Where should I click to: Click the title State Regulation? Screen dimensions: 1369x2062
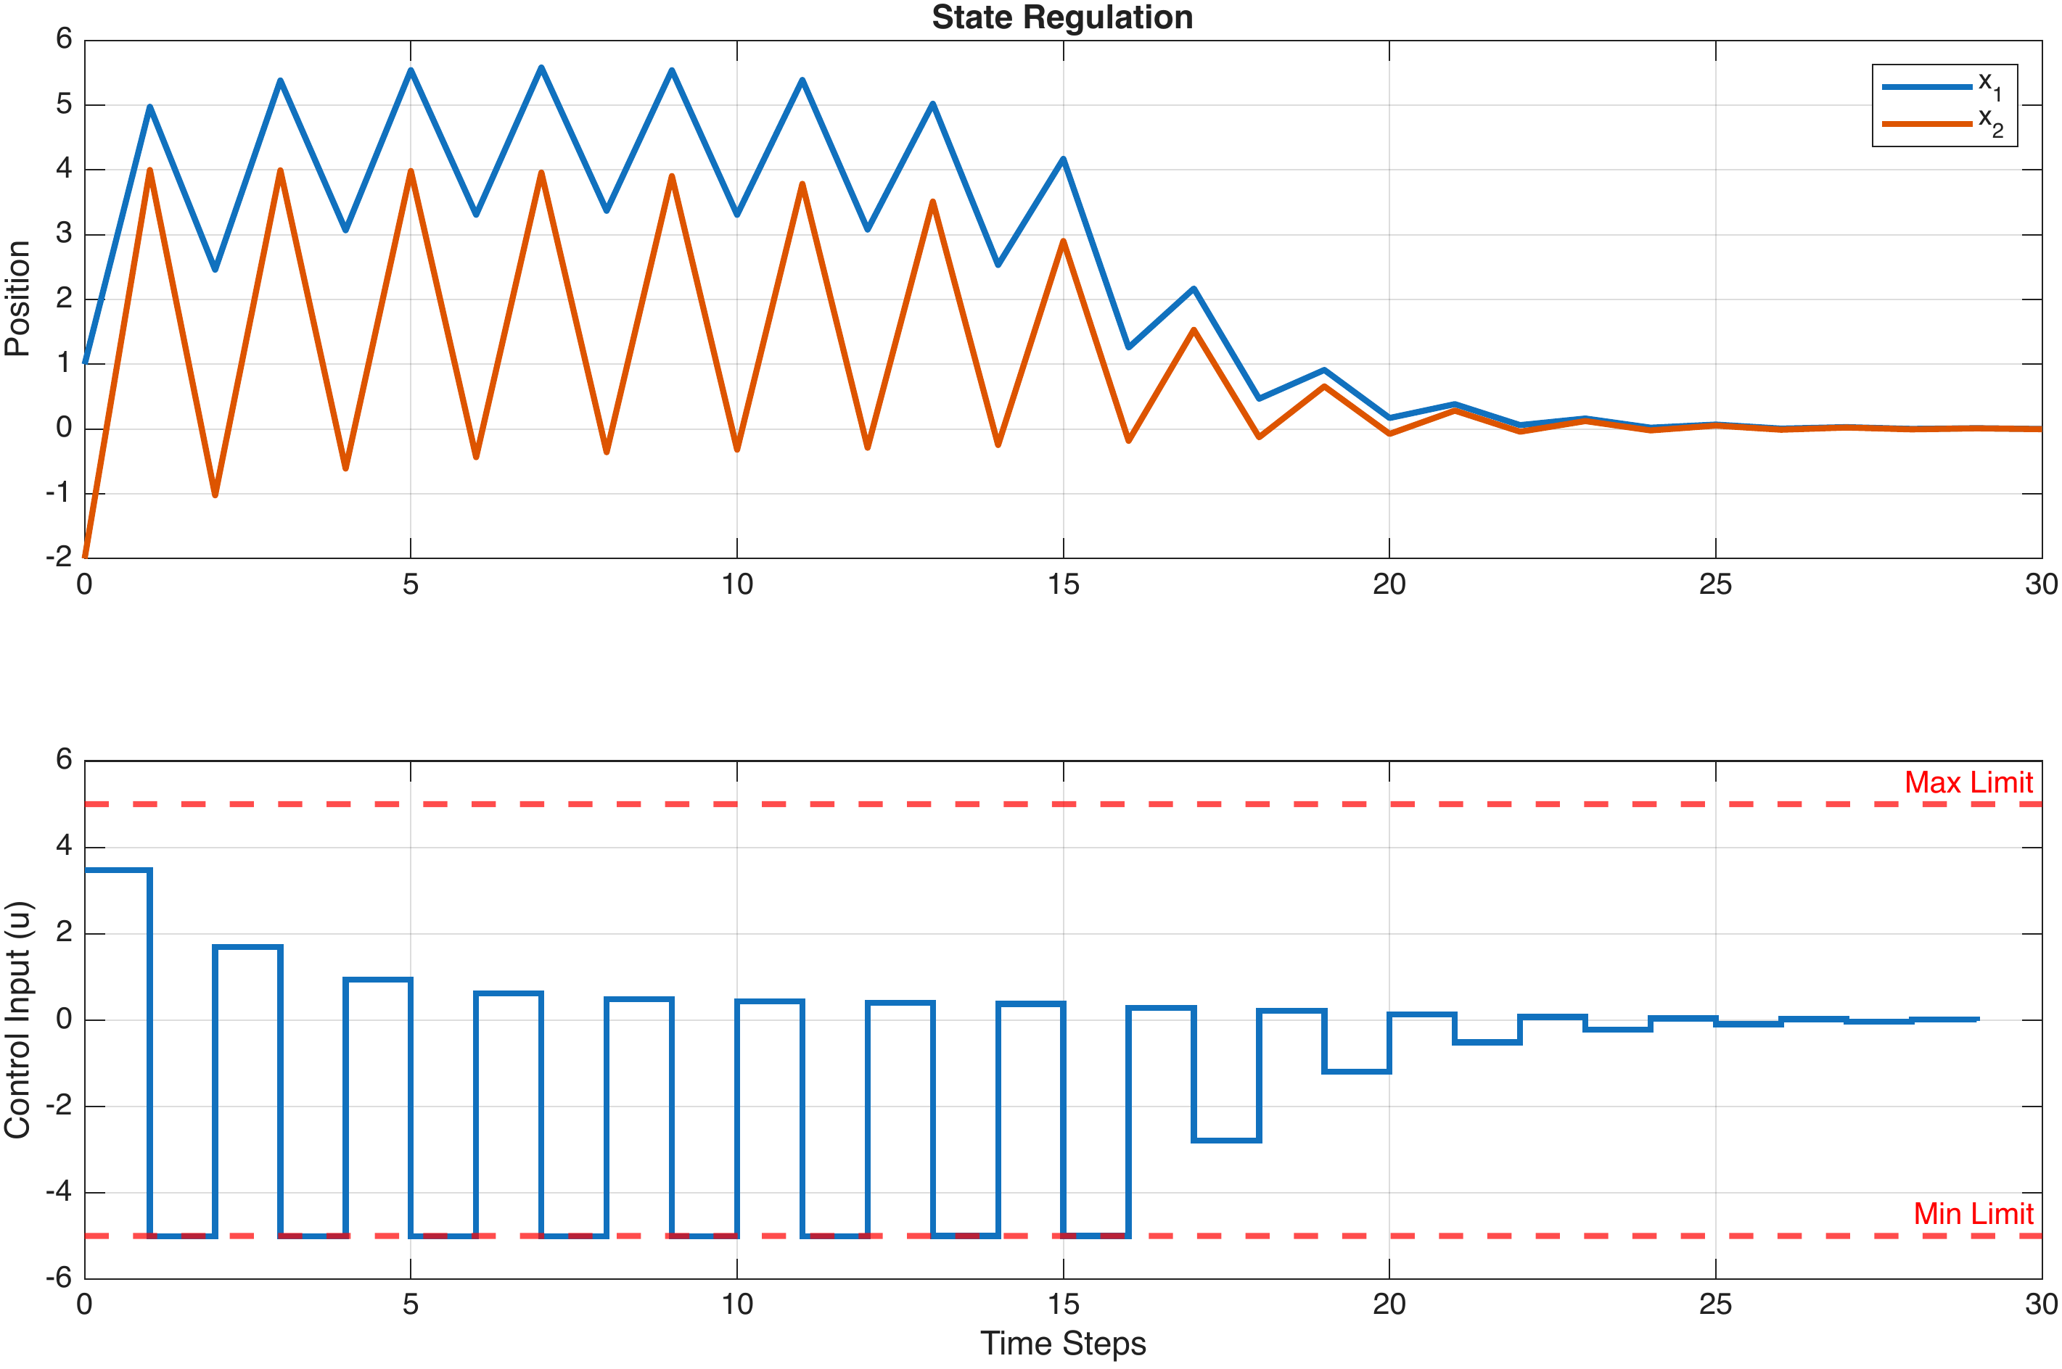coord(1061,17)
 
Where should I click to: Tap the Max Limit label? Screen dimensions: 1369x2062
coord(1968,782)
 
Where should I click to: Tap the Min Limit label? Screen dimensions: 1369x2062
coord(1972,1214)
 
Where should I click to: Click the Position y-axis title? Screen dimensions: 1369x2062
coord(17,299)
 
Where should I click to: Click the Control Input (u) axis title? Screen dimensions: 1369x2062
coord(17,1019)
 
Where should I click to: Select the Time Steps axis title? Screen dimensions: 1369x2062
coord(1062,1343)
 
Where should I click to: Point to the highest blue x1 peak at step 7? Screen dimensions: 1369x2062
coord(541,68)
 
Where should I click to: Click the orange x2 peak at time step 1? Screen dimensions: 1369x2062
coord(150,171)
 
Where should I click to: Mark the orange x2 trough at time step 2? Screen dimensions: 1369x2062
coord(215,495)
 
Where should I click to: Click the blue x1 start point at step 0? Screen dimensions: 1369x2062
coord(86,360)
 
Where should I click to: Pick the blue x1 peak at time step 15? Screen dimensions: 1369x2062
coord(1063,159)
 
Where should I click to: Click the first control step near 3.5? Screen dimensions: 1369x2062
coord(118,869)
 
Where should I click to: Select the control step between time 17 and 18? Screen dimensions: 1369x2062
coord(1226,1141)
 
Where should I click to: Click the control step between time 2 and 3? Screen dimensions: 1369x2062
coord(248,947)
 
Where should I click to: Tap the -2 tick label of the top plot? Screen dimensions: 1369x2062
coord(59,557)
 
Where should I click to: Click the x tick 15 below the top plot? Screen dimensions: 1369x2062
coord(1063,584)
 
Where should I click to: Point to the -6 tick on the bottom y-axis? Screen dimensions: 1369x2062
coord(59,1278)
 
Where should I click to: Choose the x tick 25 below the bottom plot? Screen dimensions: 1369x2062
coord(1714,1304)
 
